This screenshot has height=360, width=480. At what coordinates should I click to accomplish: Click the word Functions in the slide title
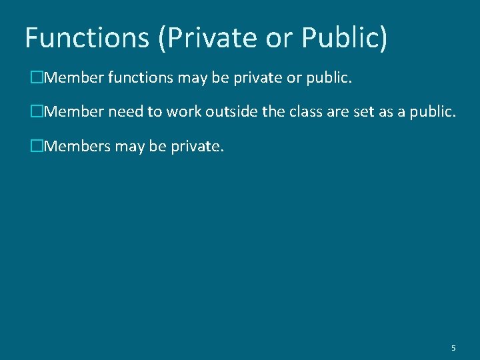pos(87,38)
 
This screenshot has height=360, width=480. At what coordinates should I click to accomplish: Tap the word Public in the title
pos(343,38)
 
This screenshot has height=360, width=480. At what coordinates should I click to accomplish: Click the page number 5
pos(453,348)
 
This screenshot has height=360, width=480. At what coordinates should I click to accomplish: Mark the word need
pos(125,112)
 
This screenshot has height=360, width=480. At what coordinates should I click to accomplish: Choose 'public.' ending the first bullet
pos(327,79)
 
